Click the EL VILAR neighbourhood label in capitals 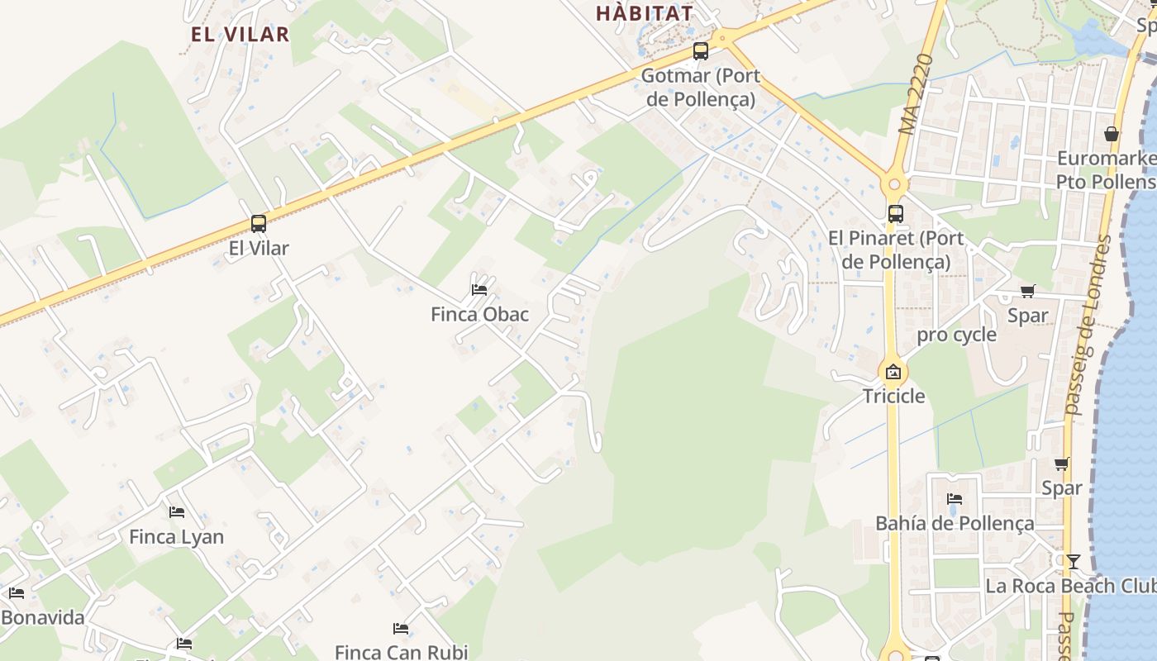[240, 34]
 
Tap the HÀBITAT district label [644, 13]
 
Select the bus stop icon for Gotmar [701, 51]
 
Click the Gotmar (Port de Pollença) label [699, 88]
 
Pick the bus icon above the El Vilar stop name [259, 223]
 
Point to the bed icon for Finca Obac [479, 289]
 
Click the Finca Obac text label [479, 315]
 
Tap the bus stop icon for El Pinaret [896, 214]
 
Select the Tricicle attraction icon [893, 372]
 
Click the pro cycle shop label [956, 335]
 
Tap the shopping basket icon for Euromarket [1112, 134]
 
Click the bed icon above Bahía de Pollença [955, 499]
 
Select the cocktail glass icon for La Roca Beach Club [1073, 562]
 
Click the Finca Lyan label [176, 537]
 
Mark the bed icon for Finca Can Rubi [401, 629]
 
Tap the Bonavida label [43, 618]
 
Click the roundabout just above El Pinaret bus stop [893, 183]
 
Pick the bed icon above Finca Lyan [176, 512]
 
